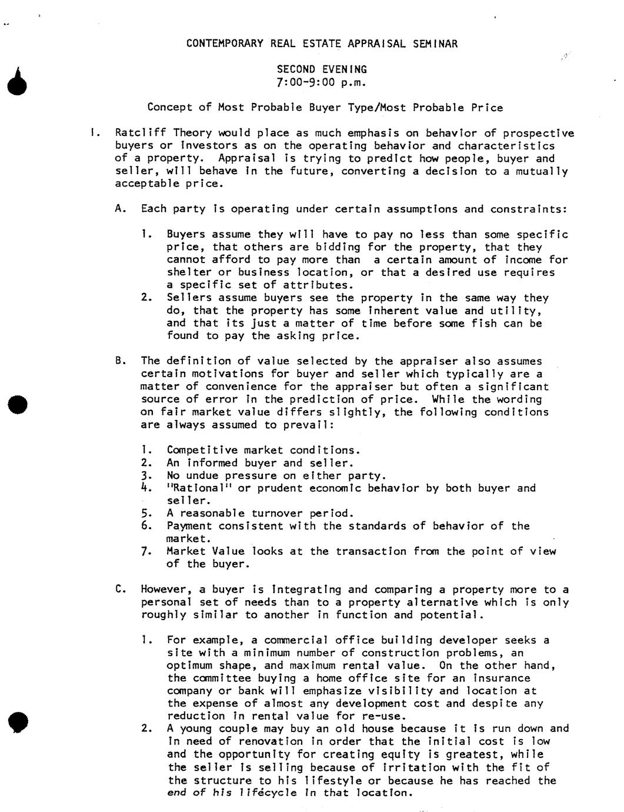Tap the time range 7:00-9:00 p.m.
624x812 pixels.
[x=322, y=82]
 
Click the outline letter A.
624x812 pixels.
[x=120, y=209]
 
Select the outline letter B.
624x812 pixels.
[x=120, y=361]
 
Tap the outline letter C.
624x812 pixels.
[x=120, y=590]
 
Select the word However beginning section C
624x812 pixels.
[x=166, y=590]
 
